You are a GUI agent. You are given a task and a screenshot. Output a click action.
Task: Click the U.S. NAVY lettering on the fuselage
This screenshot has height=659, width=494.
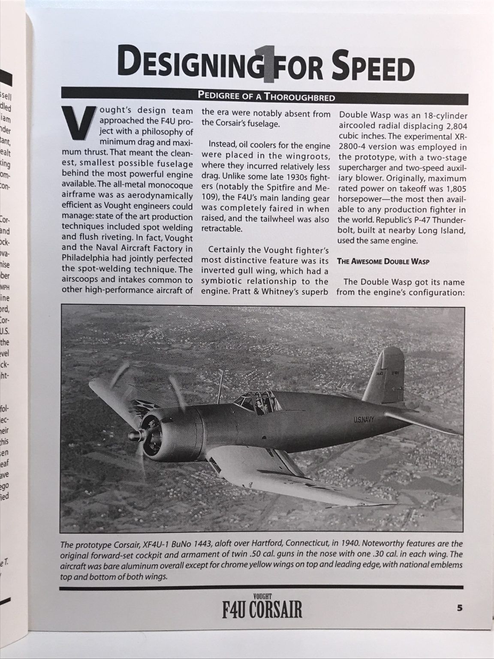(x=363, y=420)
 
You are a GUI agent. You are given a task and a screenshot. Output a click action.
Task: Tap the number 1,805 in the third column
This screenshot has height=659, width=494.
(x=454, y=189)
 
